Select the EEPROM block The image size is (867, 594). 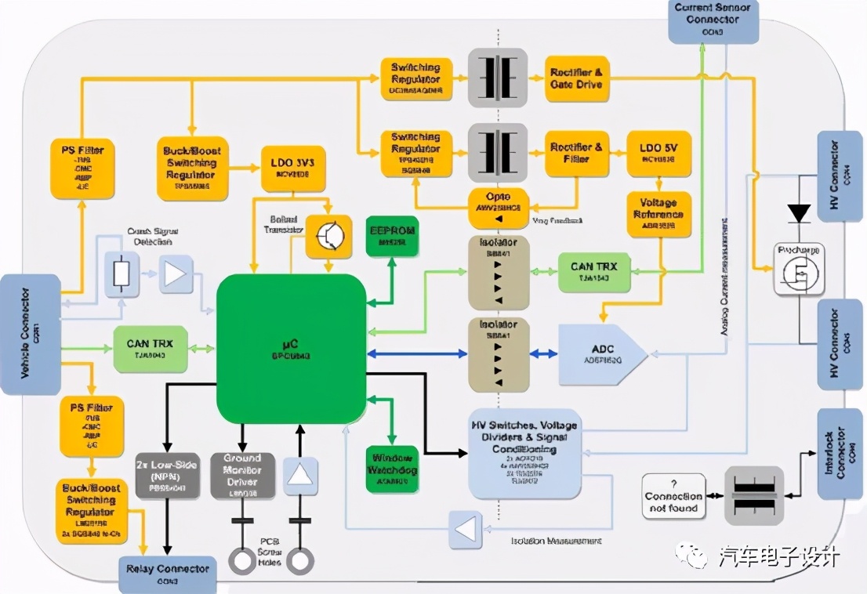click(393, 236)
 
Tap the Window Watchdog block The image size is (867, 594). click(392, 469)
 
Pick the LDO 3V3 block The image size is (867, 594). click(292, 168)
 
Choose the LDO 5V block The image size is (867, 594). click(659, 154)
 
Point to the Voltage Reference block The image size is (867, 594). click(659, 214)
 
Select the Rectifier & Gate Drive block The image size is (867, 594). click(577, 78)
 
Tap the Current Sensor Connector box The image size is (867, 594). click(713, 20)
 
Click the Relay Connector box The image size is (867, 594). click(167, 569)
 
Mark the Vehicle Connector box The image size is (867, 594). click(31, 334)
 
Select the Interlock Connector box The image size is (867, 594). click(840, 454)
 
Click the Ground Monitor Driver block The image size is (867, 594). click(242, 475)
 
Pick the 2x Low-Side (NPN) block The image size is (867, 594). click(166, 475)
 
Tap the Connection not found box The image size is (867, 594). click(673, 496)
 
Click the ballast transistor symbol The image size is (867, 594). click(328, 236)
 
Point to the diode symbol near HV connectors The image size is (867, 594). click(799, 212)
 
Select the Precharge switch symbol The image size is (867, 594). click(799, 270)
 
